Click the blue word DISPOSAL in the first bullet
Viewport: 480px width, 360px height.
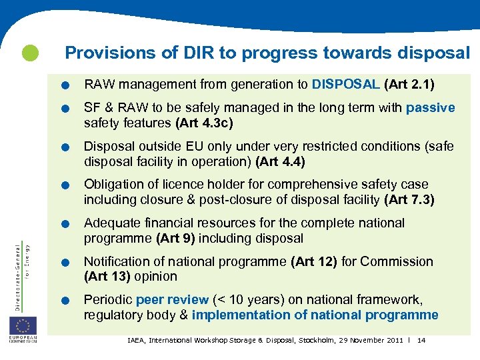tap(345, 85)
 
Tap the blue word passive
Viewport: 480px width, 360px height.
tap(431, 108)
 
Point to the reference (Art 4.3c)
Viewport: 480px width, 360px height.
tap(204, 123)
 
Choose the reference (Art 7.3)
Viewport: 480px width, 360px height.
tap(409, 199)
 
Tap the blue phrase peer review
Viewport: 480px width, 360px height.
tap(172, 300)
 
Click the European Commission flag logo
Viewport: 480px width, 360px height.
tap(23, 327)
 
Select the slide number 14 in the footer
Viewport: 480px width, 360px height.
tap(421, 341)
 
